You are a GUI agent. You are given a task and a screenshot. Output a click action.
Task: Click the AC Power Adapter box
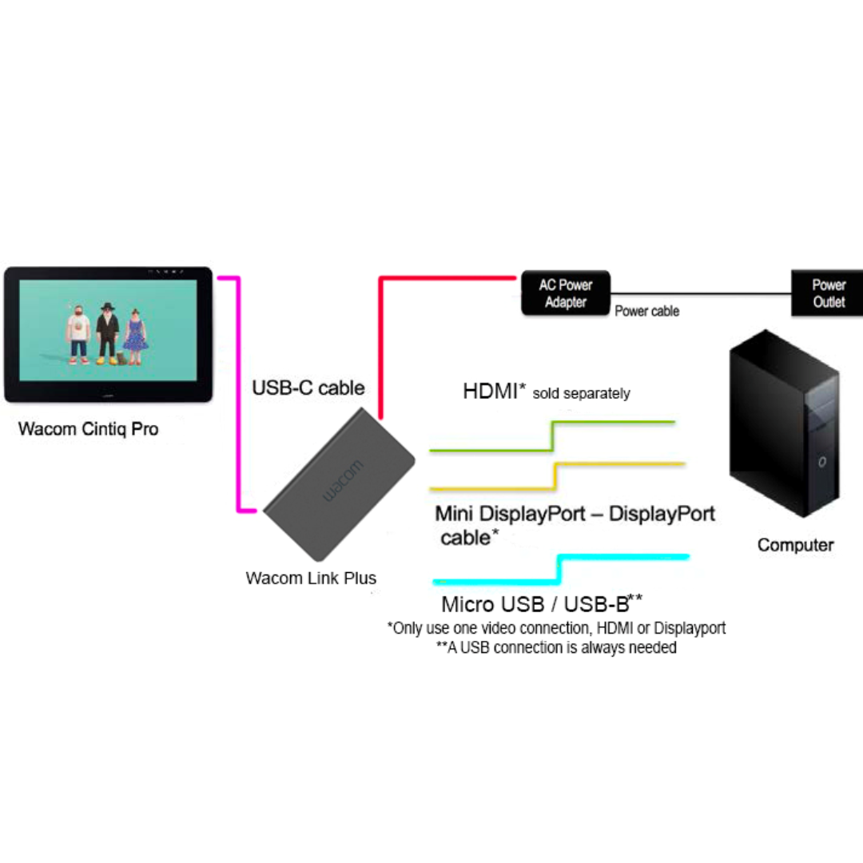pos(566,293)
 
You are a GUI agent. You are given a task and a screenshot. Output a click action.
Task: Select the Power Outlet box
pos(828,293)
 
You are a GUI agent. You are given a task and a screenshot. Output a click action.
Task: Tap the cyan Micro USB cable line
pos(623,557)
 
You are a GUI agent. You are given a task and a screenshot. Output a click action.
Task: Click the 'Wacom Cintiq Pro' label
pos(89,429)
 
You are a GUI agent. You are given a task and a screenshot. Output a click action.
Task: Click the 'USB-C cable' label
pos(308,388)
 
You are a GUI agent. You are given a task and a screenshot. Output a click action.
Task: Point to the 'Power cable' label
pos(646,312)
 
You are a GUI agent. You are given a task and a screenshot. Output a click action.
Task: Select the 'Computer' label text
pos(795,545)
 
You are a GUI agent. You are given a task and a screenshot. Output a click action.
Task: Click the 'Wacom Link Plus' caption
pos(311,578)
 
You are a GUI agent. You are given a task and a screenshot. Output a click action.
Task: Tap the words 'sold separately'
pos(581,393)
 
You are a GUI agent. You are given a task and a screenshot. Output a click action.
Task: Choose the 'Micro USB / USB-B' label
pos(535,603)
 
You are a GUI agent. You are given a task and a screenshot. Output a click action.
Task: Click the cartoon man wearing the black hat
pos(107,334)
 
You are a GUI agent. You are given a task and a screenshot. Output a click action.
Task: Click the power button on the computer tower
pos(822,461)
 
